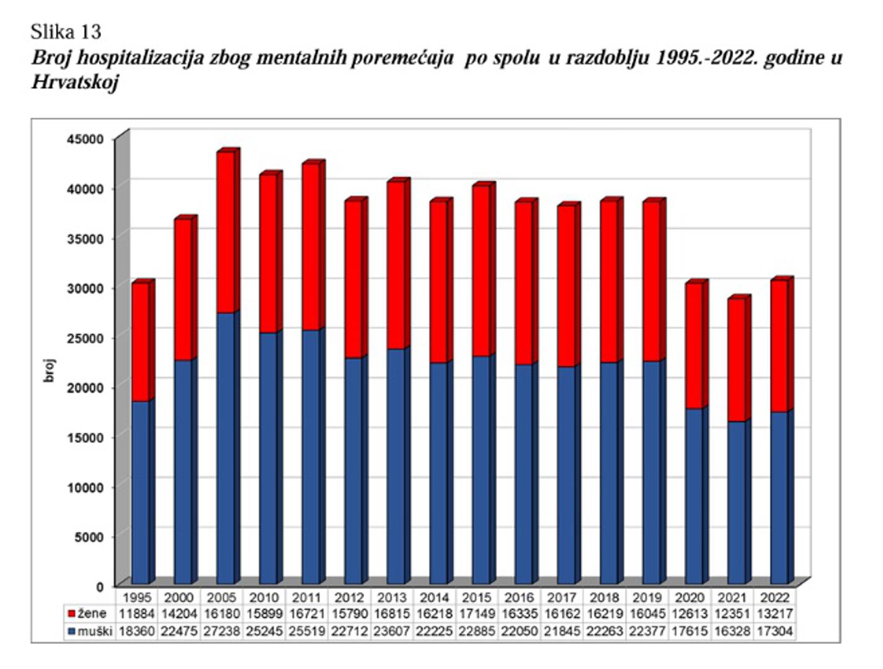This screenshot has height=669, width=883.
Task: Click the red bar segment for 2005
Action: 225,232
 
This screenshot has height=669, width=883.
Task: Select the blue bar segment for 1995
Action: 140,492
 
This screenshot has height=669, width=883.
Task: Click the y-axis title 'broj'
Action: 50,370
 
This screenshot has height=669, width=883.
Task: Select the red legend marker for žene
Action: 71,614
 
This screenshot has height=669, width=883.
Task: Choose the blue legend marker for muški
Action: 71,632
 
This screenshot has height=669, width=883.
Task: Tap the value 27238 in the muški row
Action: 221,632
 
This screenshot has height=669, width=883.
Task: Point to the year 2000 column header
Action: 179,598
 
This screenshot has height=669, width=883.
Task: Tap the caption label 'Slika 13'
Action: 65,32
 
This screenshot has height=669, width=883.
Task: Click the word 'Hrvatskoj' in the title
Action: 74,82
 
